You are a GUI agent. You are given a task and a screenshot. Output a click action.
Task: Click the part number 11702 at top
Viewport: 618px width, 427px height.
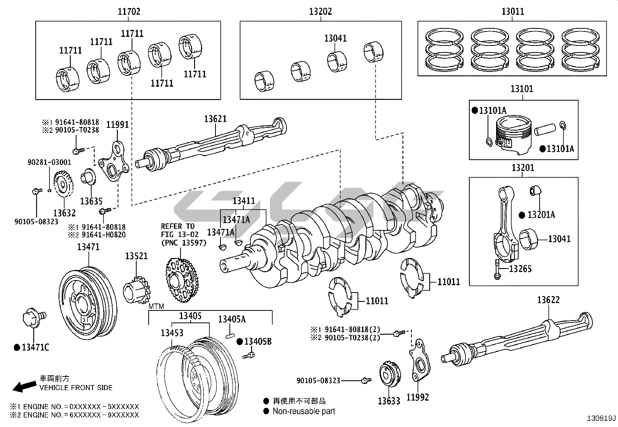(x=129, y=12)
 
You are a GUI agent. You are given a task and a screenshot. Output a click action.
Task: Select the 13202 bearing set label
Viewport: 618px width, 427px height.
(x=320, y=12)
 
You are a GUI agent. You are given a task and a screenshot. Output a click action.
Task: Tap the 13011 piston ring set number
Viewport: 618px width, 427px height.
(x=512, y=11)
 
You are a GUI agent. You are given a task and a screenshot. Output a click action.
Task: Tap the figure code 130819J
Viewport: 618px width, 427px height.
(x=601, y=418)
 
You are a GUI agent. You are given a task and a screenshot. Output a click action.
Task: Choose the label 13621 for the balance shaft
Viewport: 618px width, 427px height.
(x=215, y=119)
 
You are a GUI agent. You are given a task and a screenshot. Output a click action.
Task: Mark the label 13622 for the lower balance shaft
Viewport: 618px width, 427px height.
(x=549, y=300)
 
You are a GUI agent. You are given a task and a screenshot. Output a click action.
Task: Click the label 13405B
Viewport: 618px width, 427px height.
(x=258, y=342)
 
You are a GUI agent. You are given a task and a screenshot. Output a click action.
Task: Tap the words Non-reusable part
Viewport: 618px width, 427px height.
(x=304, y=411)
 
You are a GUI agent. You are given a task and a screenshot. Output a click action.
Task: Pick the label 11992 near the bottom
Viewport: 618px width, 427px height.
(x=418, y=397)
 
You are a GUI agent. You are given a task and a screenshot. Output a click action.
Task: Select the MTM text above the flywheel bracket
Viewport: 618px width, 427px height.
(x=156, y=307)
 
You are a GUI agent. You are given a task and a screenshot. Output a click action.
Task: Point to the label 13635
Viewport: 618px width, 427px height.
(x=91, y=201)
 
